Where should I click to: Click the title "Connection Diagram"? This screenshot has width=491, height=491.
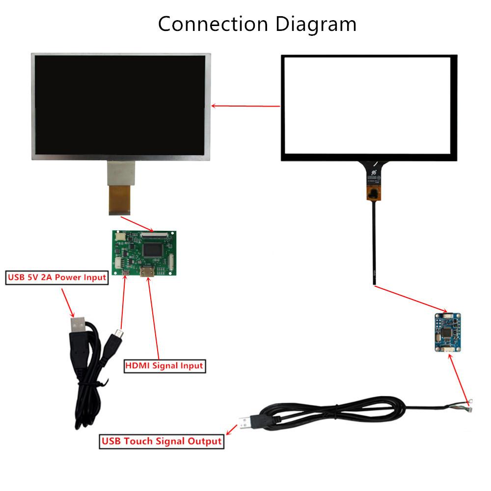coord(257,24)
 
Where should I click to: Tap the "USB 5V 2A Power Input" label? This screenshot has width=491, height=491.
coord(56,277)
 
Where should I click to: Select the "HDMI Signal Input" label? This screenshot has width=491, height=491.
coord(164,366)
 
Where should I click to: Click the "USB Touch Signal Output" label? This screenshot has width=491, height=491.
coord(162,441)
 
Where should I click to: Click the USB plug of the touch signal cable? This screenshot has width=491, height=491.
coord(249,422)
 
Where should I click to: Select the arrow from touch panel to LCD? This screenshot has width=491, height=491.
coord(245,106)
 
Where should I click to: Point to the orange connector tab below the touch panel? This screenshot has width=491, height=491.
coord(373,194)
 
